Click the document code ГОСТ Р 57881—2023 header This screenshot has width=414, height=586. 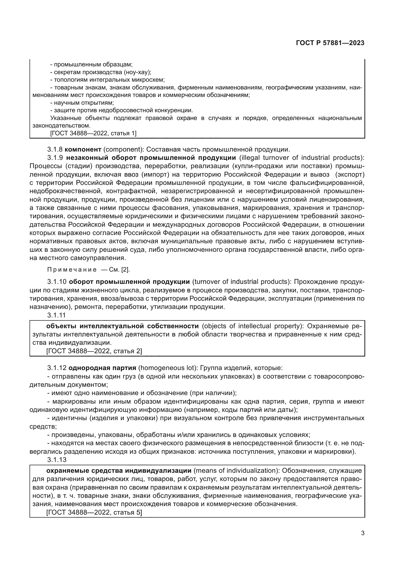coord(330,43)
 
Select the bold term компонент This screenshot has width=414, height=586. coord(85,149)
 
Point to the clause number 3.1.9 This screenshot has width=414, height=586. coord(55,158)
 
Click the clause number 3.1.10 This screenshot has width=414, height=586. coord(57,282)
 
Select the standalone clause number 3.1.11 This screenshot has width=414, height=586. coord(56,315)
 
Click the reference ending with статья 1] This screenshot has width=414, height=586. coord(93,133)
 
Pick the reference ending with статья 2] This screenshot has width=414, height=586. coord(94,351)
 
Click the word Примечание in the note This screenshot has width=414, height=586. coord(72,270)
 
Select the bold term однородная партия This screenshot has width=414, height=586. coord(102,368)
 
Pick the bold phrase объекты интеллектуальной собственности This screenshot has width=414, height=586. coord(122,326)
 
